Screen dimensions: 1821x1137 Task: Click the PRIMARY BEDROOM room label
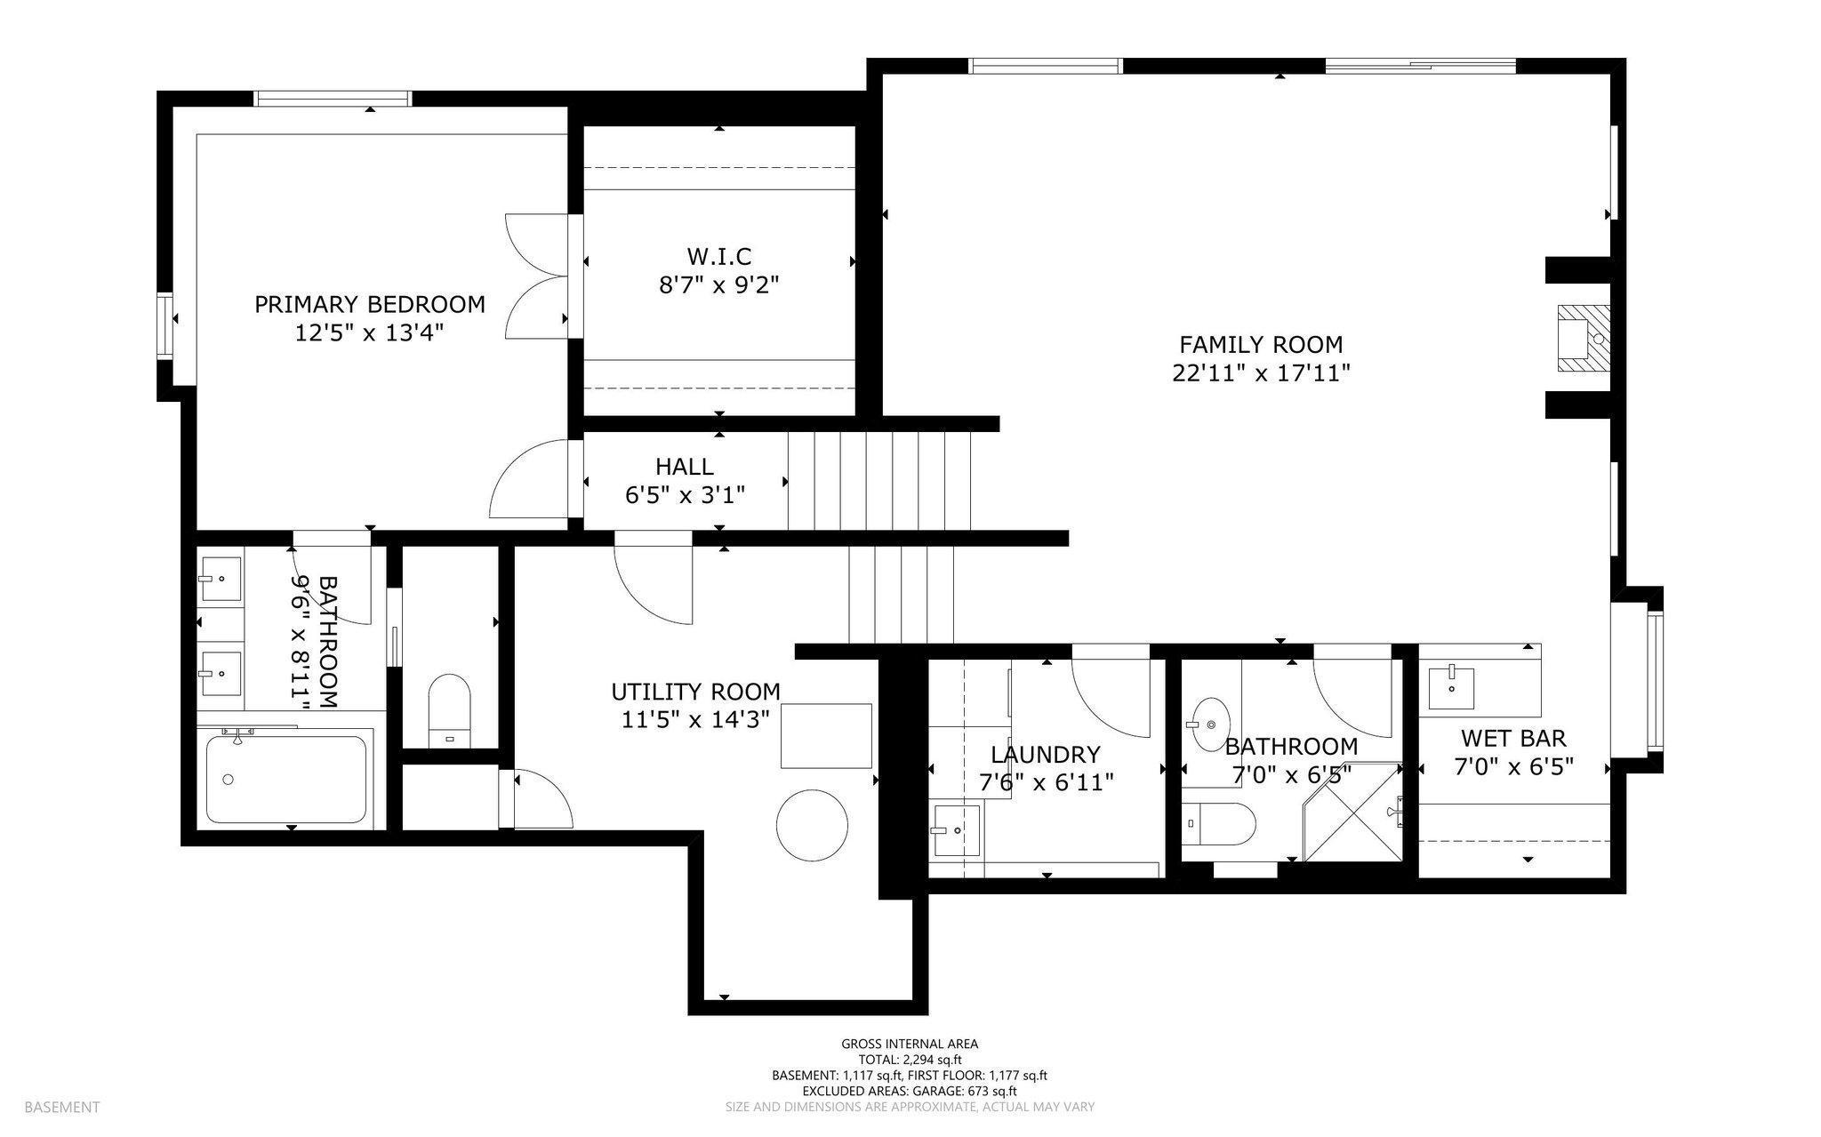tap(370, 305)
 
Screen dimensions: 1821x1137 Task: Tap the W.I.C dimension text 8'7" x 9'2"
tap(719, 286)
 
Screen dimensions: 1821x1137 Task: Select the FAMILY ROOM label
tap(1261, 344)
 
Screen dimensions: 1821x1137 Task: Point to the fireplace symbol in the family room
tap(1584, 339)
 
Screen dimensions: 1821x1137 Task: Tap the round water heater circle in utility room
tap(813, 824)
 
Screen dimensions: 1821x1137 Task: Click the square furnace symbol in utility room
tap(826, 735)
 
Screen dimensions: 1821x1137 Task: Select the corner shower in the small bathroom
tap(1352, 812)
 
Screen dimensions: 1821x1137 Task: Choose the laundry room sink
tap(956, 831)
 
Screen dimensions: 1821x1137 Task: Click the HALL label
tap(685, 466)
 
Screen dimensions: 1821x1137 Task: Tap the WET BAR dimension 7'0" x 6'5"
tap(1514, 766)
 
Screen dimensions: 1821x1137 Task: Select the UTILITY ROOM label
tap(696, 692)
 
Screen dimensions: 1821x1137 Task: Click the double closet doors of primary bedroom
tap(537, 276)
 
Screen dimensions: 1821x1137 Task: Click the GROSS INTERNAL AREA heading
tap(910, 1044)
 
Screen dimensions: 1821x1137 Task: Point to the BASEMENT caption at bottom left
tap(61, 1107)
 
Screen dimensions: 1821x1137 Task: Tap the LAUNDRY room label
tap(1046, 755)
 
